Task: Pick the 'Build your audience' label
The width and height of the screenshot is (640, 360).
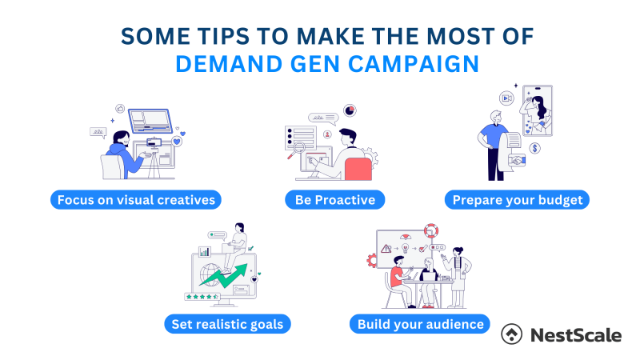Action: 420,324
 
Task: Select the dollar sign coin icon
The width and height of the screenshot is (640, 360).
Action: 534,148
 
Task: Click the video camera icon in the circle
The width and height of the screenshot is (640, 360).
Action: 506,97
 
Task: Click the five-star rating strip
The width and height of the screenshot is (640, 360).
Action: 203,296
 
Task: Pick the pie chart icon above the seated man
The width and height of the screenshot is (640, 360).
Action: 350,110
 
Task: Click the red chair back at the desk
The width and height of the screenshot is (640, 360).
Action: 359,169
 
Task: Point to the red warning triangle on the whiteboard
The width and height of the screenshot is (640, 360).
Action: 386,249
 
